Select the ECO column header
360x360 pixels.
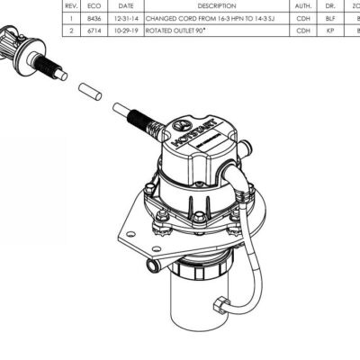(96, 5)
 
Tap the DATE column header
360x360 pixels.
(125, 5)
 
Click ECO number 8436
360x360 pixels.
(96, 17)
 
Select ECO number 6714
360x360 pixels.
(96, 30)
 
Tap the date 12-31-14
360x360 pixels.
(125, 17)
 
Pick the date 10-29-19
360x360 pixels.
(125, 30)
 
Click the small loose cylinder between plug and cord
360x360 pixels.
(88, 90)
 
